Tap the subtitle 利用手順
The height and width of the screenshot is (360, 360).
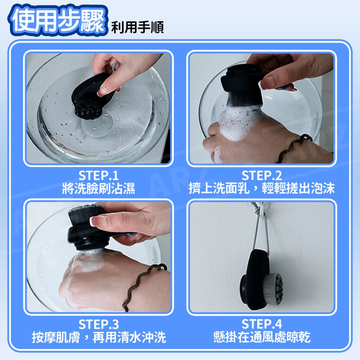pyautogui.click(x=137, y=27)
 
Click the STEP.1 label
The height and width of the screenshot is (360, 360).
pyautogui.click(x=99, y=176)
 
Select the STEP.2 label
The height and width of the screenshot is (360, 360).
pyautogui.click(x=261, y=176)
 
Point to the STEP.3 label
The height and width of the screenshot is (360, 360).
pyautogui.click(x=99, y=324)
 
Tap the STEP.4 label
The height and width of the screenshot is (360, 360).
pyautogui.click(x=261, y=324)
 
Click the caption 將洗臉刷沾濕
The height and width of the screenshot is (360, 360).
pyautogui.click(x=99, y=189)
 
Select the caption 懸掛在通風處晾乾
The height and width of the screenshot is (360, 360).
pyautogui.click(x=262, y=337)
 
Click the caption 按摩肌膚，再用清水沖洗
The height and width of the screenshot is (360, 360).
pyautogui.click(x=99, y=337)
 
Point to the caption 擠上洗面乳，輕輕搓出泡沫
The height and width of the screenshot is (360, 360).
pyautogui.click(x=261, y=189)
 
